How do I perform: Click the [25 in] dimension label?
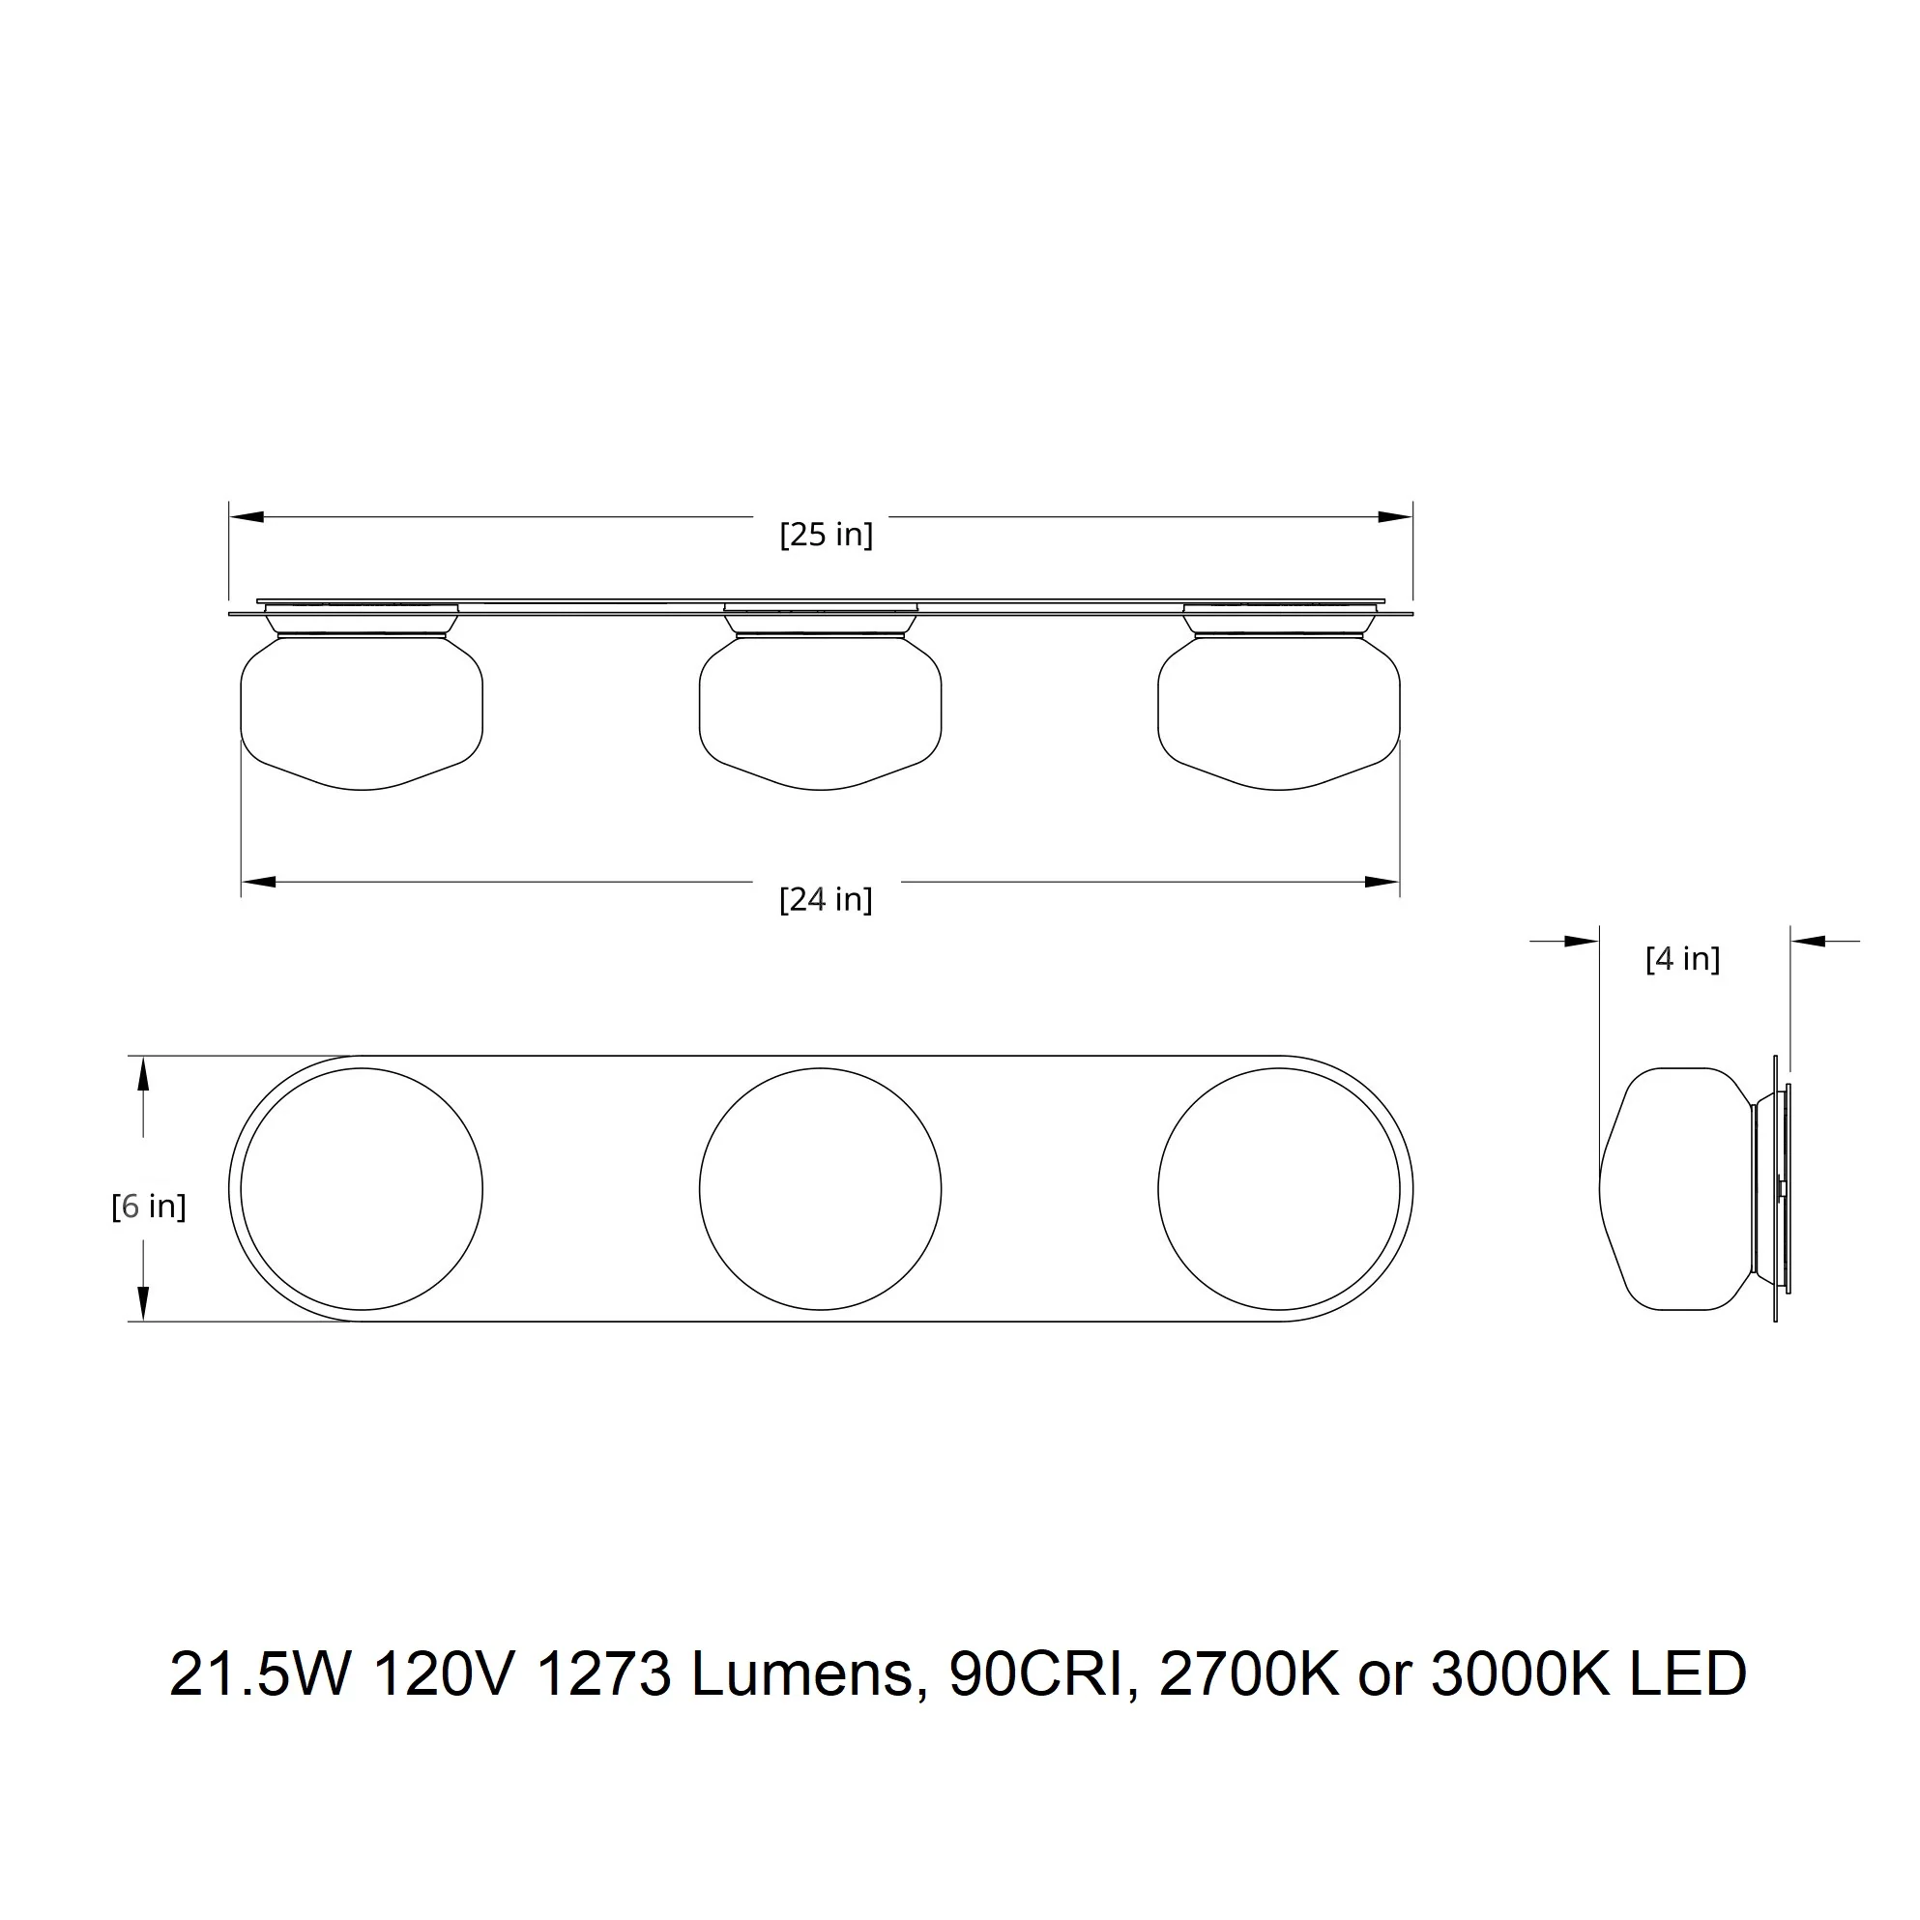[826, 536]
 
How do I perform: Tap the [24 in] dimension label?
[826, 900]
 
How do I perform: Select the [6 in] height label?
[149, 1207]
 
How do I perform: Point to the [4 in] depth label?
[1682, 959]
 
